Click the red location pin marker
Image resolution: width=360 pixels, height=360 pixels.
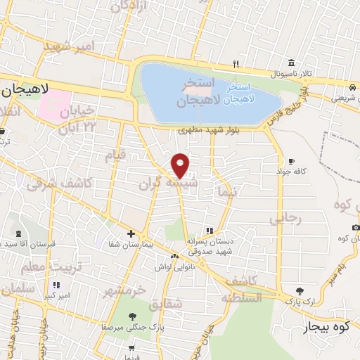(x=181, y=166)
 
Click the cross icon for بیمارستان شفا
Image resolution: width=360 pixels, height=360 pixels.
(x=131, y=233)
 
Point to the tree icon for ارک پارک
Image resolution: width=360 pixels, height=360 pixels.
(x=300, y=290)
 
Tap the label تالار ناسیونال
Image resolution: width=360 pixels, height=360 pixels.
(x=305, y=74)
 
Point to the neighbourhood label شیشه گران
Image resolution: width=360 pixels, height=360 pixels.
(x=156, y=186)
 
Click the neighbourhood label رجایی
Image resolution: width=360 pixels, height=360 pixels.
(x=285, y=218)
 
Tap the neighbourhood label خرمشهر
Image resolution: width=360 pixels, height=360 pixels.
(x=124, y=290)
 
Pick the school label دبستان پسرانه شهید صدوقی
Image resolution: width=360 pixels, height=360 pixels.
(x=210, y=245)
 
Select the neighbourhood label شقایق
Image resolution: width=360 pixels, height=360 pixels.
(x=165, y=304)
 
